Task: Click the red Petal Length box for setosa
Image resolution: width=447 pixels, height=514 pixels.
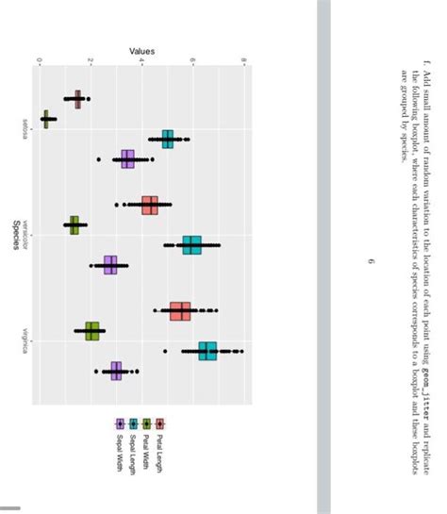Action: pos(77,99)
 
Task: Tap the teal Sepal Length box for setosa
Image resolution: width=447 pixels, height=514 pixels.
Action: pos(168,139)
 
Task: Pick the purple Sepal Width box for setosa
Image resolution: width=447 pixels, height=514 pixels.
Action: pos(128,159)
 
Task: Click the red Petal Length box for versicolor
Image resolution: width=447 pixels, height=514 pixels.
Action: pos(149,205)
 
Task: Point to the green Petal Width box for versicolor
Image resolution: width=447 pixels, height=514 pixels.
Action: pos(74,224)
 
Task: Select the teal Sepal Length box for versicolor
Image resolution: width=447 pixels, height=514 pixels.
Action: pos(192,245)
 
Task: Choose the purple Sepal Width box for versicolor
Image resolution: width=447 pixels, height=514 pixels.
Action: pos(110,265)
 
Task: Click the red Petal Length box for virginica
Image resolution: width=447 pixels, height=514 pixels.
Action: pos(180,310)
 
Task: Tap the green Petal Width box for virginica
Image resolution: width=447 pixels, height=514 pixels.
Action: pos(91,331)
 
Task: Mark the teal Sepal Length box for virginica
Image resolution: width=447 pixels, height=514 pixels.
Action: pos(207,352)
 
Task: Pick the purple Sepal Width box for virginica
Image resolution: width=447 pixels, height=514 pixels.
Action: pos(116,372)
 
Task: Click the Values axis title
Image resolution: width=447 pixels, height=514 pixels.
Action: pos(141,50)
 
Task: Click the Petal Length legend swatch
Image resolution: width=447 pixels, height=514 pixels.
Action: pos(159,424)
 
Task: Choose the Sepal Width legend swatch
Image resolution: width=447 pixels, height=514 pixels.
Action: pos(120,424)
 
